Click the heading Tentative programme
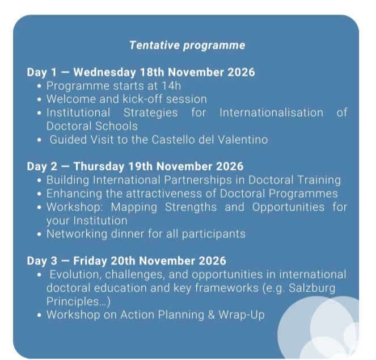[x=187, y=45]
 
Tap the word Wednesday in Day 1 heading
[x=105, y=72]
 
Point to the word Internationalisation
[x=271, y=112]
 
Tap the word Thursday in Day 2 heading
[x=99, y=166]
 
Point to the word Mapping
[x=134, y=207]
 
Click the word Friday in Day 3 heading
[x=90, y=261]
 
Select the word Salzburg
[x=312, y=288]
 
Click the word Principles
[x=73, y=302]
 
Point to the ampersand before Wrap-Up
[x=212, y=315]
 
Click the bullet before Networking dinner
[x=40, y=234]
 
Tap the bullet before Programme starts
[x=40, y=86]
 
